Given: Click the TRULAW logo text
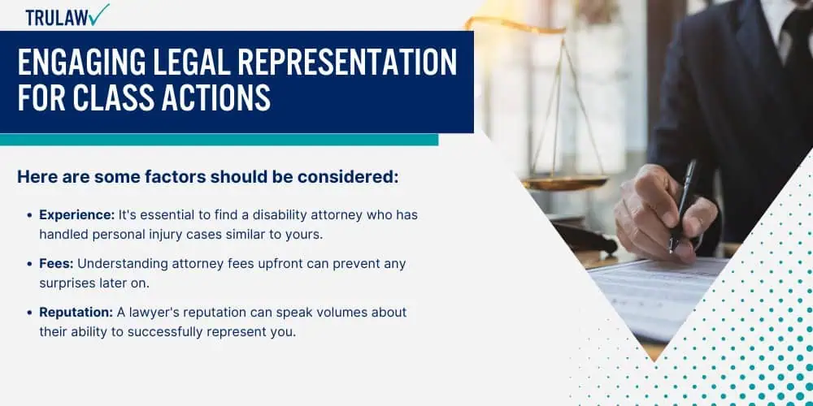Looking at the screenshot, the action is tap(56, 17).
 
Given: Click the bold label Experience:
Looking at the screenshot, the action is tap(77, 215).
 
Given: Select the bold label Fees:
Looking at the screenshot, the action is tap(57, 264).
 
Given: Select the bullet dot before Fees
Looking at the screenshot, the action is tap(29, 264).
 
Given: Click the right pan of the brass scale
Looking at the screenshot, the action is tap(564, 182).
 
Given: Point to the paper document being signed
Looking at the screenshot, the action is tap(658, 296).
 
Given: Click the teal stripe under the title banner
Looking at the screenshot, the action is tap(219, 140).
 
